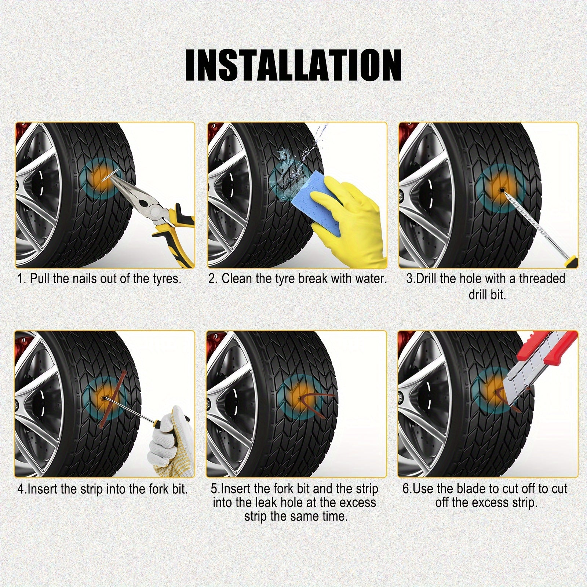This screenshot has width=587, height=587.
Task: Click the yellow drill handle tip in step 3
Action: (573, 263)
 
